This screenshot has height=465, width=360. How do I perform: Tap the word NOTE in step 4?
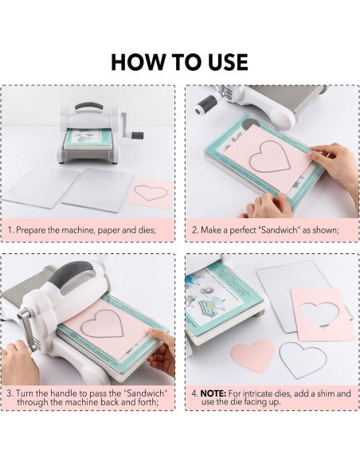(x=213, y=393)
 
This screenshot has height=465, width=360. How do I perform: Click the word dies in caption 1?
(x=147, y=230)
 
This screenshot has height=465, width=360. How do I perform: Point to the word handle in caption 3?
(x=61, y=393)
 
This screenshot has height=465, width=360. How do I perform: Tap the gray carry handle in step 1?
(x=88, y=107)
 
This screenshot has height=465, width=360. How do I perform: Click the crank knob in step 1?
(x=138, y=136)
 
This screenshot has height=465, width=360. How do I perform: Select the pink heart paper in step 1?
(x=150, y=193)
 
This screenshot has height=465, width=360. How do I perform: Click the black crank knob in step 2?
(x=205, y=104)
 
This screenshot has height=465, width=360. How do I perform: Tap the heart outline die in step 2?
(x=270, y=157)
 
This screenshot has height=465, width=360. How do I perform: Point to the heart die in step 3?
(x=102, y=323)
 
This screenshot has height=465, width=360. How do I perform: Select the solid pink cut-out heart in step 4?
(x=252, y=356)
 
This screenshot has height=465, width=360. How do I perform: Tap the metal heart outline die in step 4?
(x=303, y=360)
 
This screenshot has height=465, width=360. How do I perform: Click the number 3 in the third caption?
(x=10, y=393)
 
